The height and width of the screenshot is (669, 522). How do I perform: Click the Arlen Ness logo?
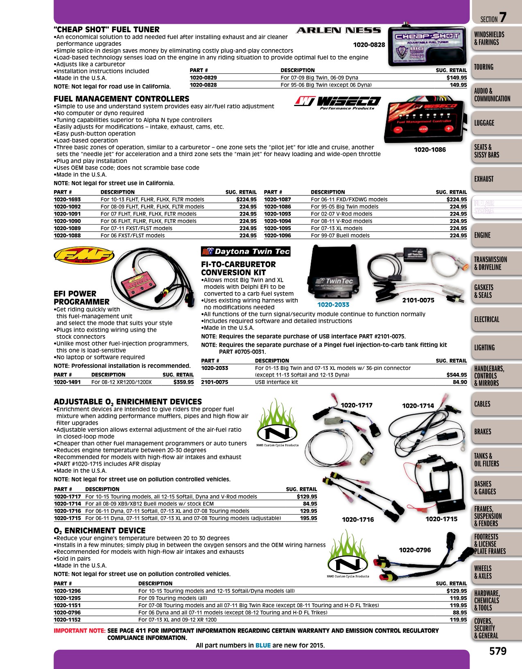[x=338, y=30]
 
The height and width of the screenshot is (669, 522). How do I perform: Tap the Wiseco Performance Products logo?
[x=337, y=102]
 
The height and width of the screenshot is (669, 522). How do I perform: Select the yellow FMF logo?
[x=84, y=255]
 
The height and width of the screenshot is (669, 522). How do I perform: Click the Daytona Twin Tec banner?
[x=246, y=251]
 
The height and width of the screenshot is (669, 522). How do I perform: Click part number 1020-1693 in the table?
[x=67, y=200]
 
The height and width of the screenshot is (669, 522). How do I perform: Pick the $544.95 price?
[x=456, y=375]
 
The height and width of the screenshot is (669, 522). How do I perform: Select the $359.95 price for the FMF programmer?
[x=183, y=382]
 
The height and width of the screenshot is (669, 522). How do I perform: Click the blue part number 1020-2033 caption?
[x=333, y=304]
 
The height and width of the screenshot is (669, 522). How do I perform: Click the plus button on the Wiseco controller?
[x=448, y=129]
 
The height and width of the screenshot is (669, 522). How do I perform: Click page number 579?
[x=498, y=651]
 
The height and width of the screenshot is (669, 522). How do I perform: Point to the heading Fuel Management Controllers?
[x=122, y=99]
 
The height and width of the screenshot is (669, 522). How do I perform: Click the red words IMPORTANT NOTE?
[x=79, y=630]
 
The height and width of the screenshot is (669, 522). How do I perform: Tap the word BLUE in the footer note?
[x=263, y=645]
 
